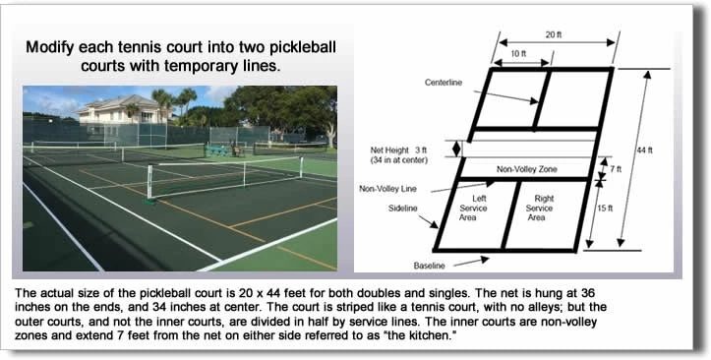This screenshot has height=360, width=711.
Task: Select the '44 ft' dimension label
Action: (x=644, y=150)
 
